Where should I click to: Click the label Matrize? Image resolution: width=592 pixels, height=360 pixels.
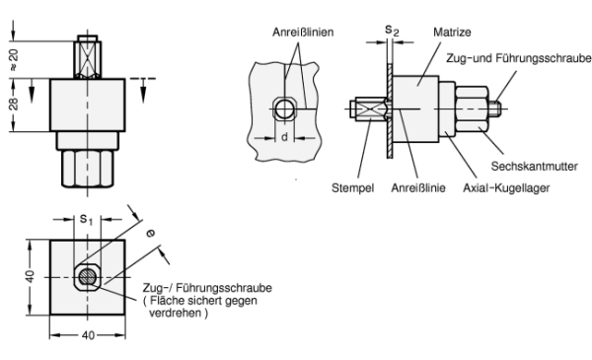[x=452, y=33]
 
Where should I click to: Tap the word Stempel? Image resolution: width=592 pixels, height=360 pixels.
[x=352, y=187]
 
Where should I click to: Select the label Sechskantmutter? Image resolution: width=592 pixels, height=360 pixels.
[x=534, y=166]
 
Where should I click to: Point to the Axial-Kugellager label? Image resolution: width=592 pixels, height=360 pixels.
[x=506, y=187]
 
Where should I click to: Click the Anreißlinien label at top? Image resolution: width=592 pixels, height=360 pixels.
[x=303, y=33]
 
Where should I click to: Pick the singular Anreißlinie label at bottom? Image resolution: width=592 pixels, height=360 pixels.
[x=418, y=187]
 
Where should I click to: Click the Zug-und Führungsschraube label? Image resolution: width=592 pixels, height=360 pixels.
[x=519, y=58]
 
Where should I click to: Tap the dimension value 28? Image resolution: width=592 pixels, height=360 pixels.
[x=13, y=105]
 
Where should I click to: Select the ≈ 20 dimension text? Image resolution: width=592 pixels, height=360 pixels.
[x=13, y=60]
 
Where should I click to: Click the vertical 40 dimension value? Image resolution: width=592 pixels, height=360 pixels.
[x=30, y=276]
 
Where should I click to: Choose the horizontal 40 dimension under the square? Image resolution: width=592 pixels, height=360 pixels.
[x=88, y=335]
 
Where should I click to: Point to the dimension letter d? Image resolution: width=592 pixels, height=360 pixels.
[x=285, y=137]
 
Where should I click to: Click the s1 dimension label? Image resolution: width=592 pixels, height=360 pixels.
[x=86, y=219]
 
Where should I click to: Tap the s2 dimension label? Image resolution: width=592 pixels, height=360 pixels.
[x=392, y=31]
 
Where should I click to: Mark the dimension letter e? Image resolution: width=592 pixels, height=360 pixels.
[x=150, y=234]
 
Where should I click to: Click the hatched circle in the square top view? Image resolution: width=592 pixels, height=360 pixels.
[x=88, y=277]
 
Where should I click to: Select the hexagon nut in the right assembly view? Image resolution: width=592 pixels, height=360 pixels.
[x=472, y=108]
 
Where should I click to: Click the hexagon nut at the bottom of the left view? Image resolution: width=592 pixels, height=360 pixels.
[x=88, y=169]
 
